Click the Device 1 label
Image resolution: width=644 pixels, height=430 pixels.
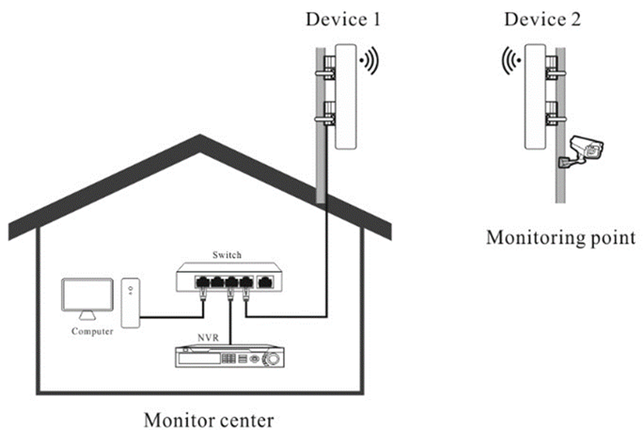click(343, 20)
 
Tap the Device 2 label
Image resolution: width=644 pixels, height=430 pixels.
click(542, 20)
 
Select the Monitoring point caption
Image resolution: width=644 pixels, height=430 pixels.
click(560, 238)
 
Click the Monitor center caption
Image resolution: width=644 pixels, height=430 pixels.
click(209, 420)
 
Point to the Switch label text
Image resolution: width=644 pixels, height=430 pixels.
click(227, 255)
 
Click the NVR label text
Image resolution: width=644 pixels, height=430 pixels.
click(208, 338)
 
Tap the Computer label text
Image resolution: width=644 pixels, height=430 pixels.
click(92, 331)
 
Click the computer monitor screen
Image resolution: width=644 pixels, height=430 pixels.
click(87, 295)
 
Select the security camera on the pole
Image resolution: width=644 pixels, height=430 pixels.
click(581, 151)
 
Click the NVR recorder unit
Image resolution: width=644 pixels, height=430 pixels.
click(229, 356)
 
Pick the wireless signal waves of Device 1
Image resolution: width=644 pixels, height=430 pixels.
click(369, 61)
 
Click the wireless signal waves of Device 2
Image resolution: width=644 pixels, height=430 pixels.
click(510, 61)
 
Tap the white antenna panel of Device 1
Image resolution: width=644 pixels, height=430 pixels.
click(345, 97)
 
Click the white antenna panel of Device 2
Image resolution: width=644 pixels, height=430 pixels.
click(535, 97)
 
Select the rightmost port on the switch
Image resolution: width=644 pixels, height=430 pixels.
click(265, 282)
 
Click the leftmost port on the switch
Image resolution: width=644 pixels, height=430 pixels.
click(202, 282)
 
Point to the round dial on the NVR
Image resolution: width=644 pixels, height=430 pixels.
click(272, 358)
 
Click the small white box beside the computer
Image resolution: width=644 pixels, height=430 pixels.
click(131, 303)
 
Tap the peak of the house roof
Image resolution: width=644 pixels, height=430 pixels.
click(199, 135)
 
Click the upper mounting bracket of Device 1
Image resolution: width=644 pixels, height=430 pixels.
click(328, 69)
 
